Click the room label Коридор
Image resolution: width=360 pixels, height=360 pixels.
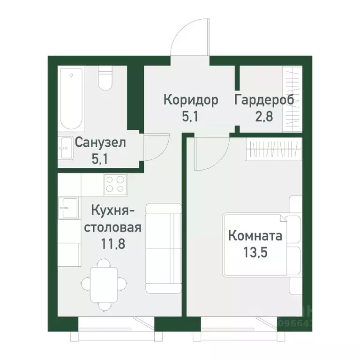pyautogui.click(x=191, y=100)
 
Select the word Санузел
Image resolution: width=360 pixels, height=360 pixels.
pyautogui.click(x=100, y=142)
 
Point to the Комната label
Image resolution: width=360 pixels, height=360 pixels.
pyautogui.click(x=255, y=235)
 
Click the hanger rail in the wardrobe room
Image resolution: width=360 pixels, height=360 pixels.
pyautogui.click(x=293, y=100)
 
